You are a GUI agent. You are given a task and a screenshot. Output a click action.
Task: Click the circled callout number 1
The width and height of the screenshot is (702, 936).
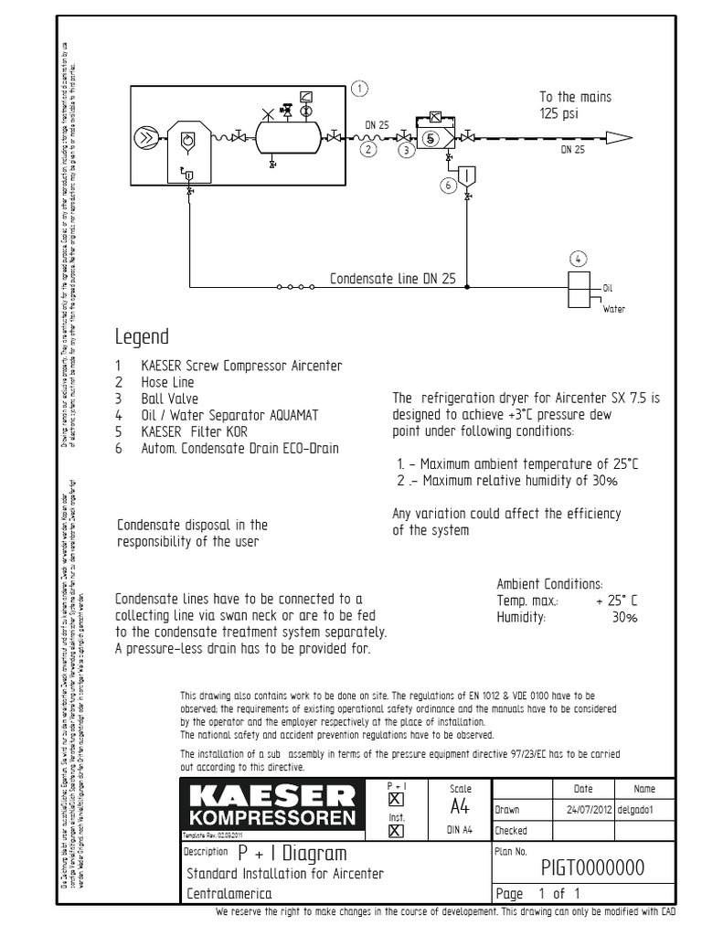[x=360, y=89]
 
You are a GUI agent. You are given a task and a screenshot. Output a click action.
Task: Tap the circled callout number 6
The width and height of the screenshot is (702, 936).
[x=447, y=185]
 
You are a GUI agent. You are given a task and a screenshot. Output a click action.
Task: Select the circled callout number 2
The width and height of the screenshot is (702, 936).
[x=367, y=149]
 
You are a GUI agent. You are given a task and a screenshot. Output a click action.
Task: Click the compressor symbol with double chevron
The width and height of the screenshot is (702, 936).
[x=144, y=139]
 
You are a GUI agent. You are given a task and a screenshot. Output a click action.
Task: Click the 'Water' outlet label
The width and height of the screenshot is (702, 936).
[x=613, y=310]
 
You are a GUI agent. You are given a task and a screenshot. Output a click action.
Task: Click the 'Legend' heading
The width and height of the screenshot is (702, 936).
[x=142, y=336]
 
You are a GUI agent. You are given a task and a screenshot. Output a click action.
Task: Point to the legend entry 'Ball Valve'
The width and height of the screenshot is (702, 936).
[x=169, y=399]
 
